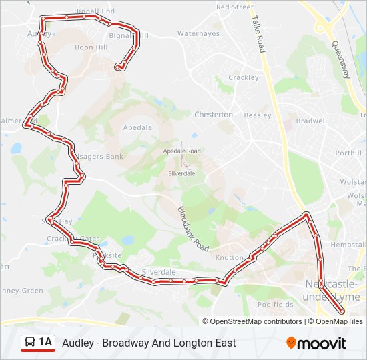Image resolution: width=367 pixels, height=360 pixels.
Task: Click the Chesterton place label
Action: [x=214, y=115]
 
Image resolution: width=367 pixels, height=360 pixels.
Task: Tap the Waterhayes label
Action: [x=198, y=33]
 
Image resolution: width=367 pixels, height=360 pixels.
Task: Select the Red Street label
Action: [x=235, y=7]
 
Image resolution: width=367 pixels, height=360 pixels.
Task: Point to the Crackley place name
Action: [x=243, y=77]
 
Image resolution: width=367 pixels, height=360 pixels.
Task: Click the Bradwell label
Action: [x=311, y=121]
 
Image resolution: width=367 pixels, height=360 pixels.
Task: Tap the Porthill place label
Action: [x=348, y=153]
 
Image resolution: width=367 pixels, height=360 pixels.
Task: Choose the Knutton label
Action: [x=229, y=257]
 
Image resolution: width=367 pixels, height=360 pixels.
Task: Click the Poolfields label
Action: [x=275, y=304]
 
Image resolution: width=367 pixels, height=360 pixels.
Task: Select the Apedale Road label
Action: [x=182, y=151]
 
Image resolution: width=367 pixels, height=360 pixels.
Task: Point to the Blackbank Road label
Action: [x=189, y=227]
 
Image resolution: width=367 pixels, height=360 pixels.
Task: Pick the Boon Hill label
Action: [x=91, y=47]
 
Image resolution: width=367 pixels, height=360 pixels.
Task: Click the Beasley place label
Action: [x=257, y=115]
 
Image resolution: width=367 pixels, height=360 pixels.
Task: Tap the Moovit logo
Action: [x=316, y=343]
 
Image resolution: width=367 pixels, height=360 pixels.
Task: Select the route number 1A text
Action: [x=45, y=343]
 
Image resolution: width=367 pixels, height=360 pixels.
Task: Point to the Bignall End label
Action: [x=95, y=11]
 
